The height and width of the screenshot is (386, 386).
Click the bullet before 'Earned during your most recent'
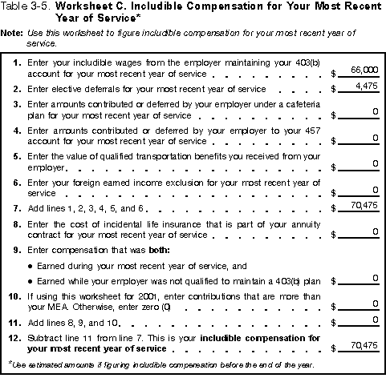tap(30, 265)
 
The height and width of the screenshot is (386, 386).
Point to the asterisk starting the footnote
tap(10, 363)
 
